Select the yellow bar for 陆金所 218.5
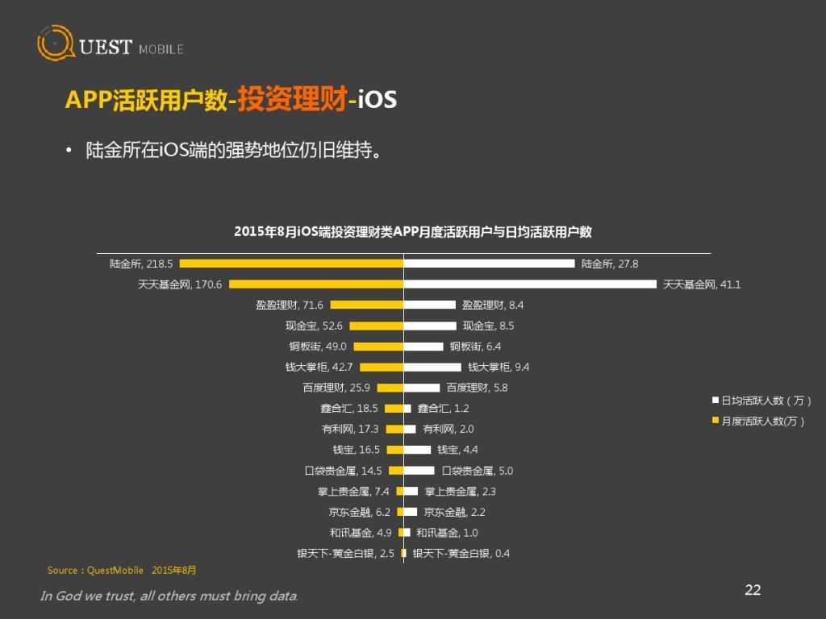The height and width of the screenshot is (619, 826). pyautogui.click(x=291, y=264)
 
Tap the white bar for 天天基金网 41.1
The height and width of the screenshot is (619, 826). pyautogui.click(x=530, y=284)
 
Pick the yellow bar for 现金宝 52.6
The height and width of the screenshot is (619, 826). pyautogui.click(x=376, y=326)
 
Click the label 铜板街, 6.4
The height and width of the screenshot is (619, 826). pyautogui.click(x=476, y=347)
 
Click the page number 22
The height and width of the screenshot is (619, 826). pyautogui.click(x=752, y=590)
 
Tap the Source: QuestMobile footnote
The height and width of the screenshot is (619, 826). pyautogui.click(x=122, y=570)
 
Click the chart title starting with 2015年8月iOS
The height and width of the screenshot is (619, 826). pyautogui.click(x=412, y=232)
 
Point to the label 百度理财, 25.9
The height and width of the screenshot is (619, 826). pyautogui.click(x=336, y=388)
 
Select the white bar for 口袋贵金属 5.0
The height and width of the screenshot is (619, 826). pyautogui.click(x=419, y=470)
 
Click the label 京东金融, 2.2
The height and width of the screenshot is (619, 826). pyautogui.click(x=454, y=512)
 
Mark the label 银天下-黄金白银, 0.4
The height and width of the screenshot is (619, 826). pyautogui.click(x=461, y=553)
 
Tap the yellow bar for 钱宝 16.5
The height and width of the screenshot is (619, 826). pyautogui.click(x=394, y=450)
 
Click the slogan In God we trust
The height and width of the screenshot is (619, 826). pyautogui.click(x=169, y=596)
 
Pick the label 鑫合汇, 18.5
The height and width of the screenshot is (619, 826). pyautogui.click(x=350, y=409)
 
